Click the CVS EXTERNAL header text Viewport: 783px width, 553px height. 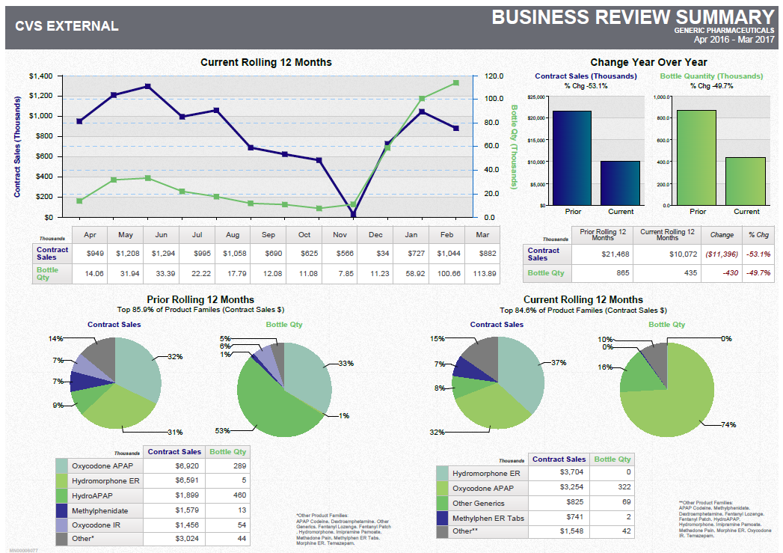point(67,26)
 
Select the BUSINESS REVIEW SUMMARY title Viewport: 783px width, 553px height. point(632,16)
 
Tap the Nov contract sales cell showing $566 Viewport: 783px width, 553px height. point(340,254)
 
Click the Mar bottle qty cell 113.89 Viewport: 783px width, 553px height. point(485,273)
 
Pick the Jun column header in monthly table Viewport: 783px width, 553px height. point(161,235)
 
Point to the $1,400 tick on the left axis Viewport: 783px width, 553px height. point(40,76)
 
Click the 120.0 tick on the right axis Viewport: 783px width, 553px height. point(494,76)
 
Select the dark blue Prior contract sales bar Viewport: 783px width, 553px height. point(572,157)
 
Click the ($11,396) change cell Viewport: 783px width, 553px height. point(722,254)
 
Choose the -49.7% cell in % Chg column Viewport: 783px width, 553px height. point(759,273)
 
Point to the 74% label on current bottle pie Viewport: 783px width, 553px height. point(728,425)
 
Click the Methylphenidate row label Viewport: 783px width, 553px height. point(99,510)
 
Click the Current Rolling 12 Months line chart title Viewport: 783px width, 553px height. point(266,62)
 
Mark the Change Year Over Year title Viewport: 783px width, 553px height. point(648,62)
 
